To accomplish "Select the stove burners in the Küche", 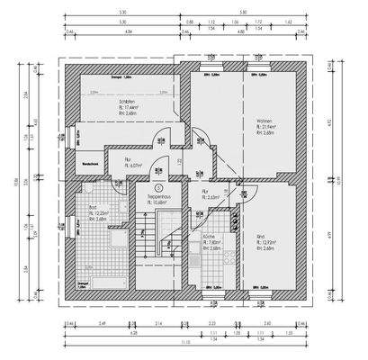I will (x=228, y=261).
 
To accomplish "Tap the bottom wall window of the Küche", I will (x=211, y=294).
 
